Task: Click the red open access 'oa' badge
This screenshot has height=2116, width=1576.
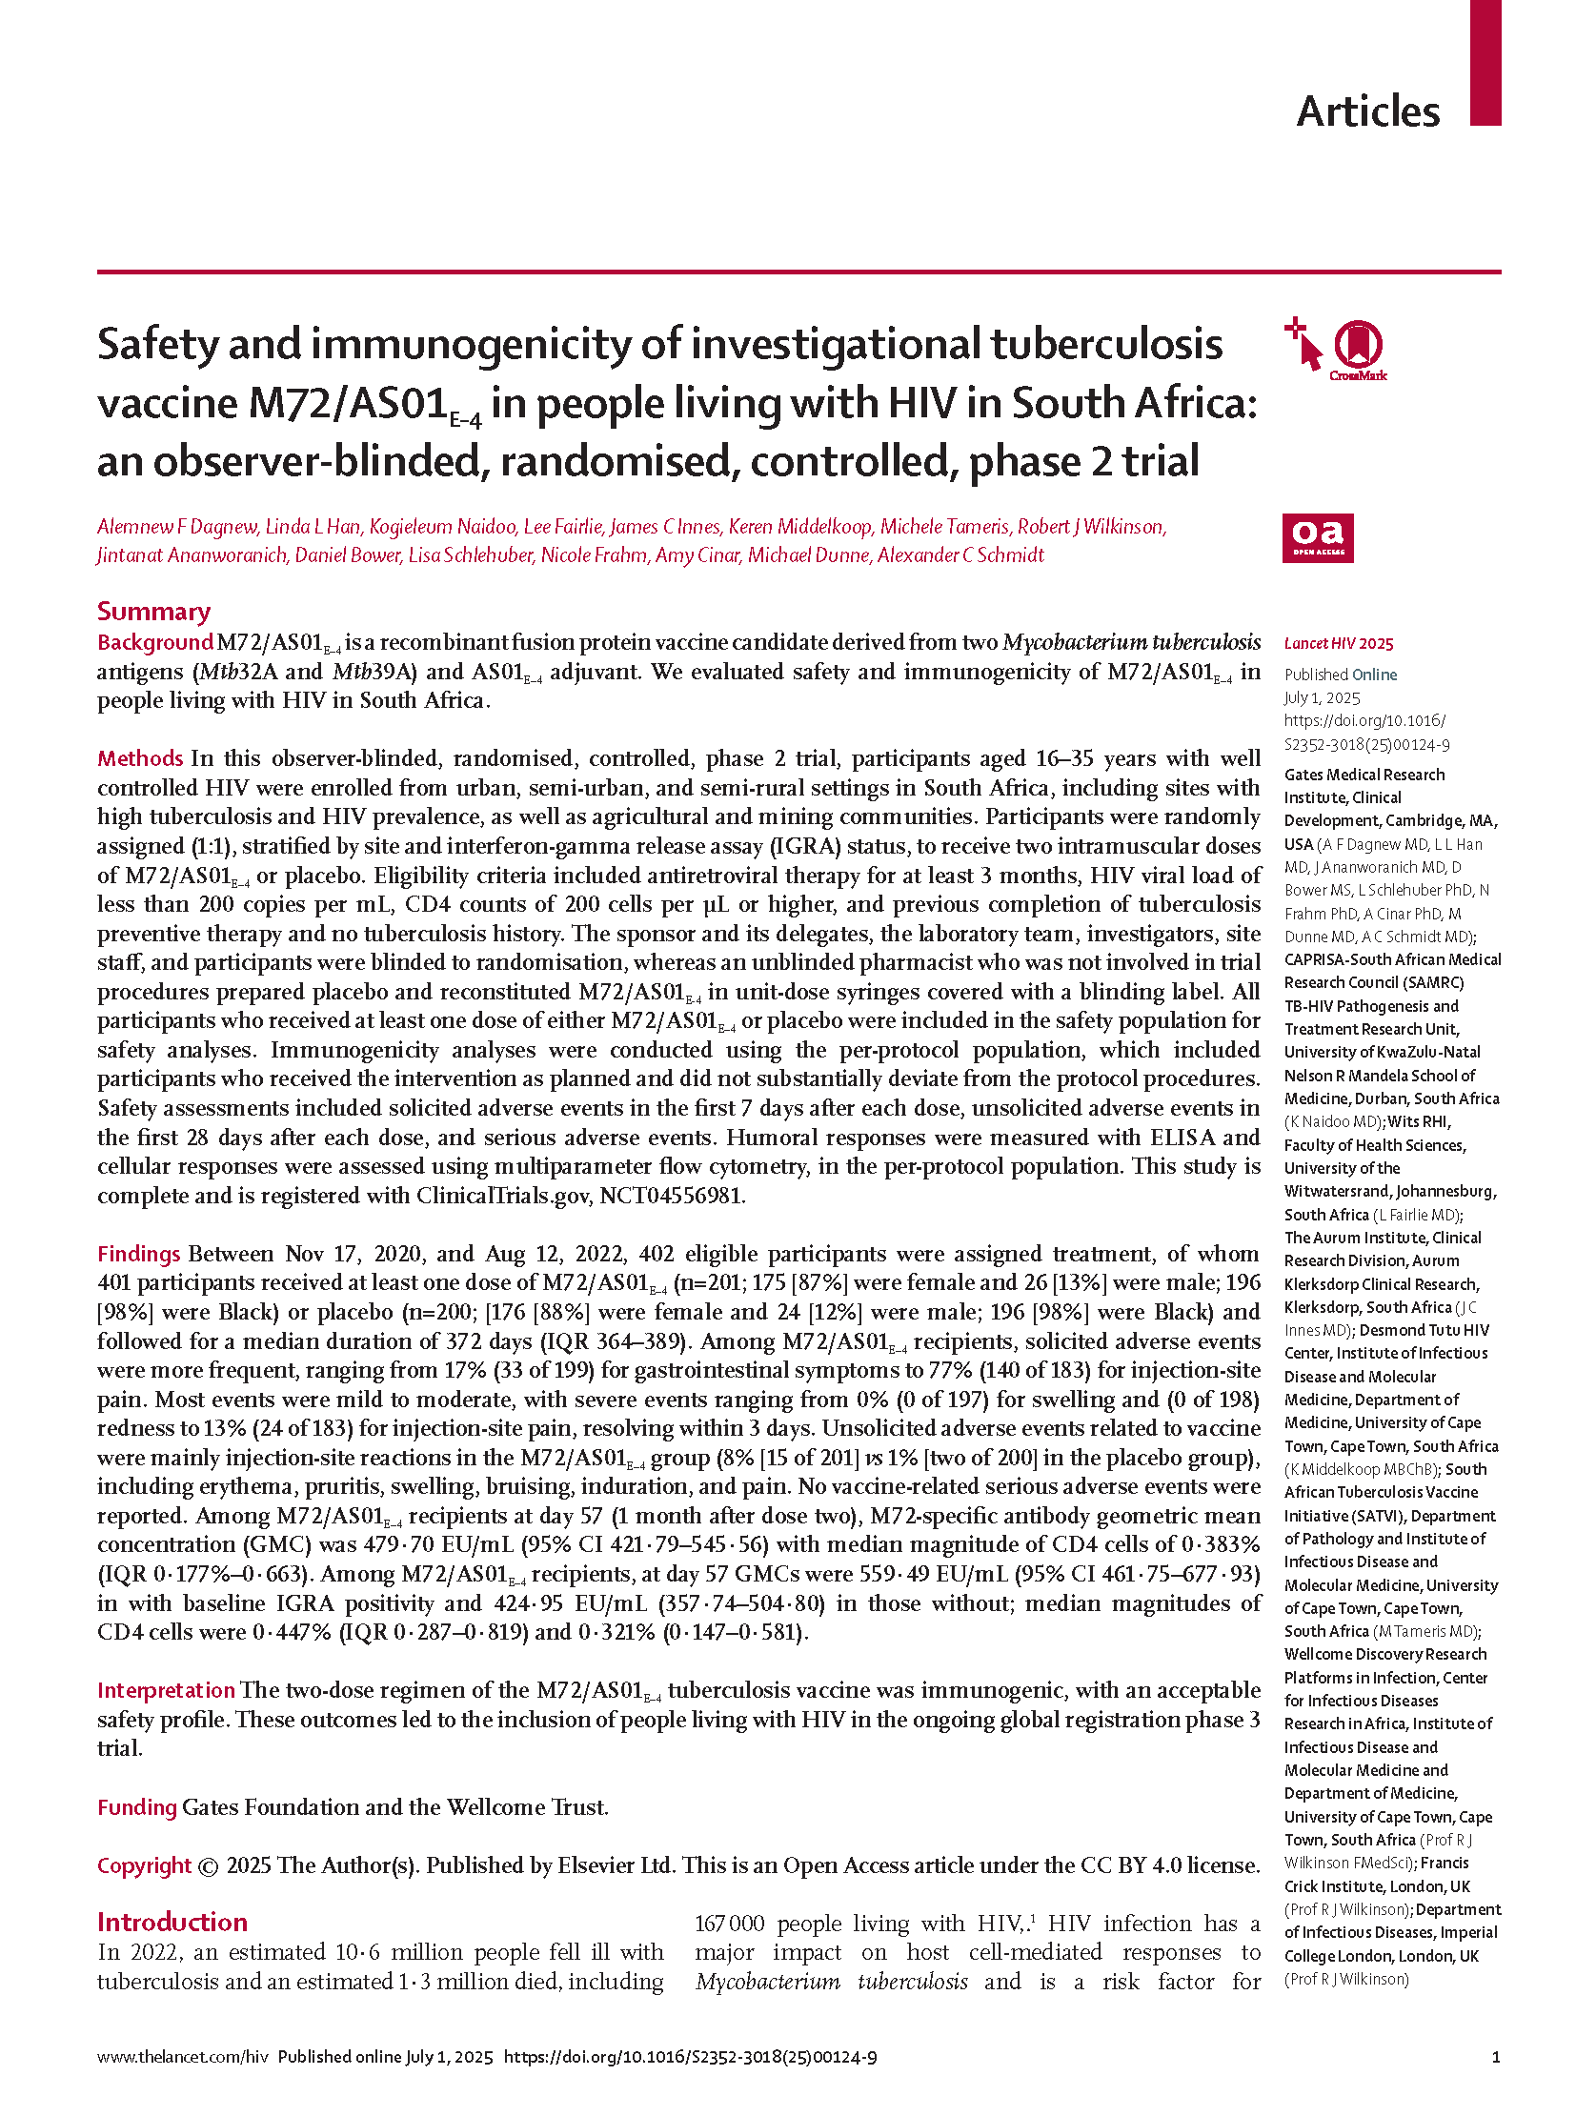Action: (x=1318, y=538)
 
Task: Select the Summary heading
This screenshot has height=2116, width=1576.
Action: (x=153, y=612)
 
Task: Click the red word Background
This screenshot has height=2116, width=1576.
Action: (x=154, y=642)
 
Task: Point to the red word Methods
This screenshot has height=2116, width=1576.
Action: (x=139, y=758)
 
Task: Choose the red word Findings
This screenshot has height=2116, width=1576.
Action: (x=138, y=1254)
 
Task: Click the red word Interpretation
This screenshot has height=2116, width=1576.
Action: (x=166, y=1689)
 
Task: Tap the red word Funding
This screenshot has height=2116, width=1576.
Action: (x=136, y=1807)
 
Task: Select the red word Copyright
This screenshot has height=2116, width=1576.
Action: (x=144, y=1865)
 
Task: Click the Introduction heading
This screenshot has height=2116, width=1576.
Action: (x=172, y=1922)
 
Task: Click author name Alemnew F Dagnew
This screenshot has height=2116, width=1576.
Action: (x=176, y=527)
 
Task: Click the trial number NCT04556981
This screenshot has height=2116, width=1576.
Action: (x=672, y=1196)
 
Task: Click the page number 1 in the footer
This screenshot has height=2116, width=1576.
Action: (x=1496, y=2057)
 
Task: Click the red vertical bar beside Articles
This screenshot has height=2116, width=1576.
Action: (x=1485, y=62)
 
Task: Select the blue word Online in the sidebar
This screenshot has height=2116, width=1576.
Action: (x=1375, y=675)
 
